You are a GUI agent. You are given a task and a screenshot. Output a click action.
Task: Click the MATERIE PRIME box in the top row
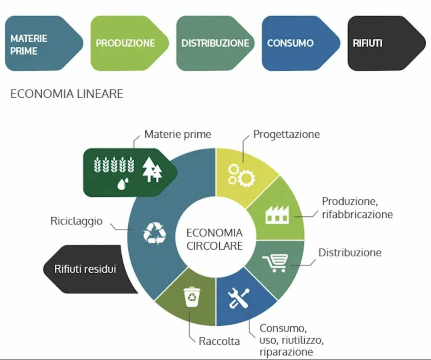click(x=42, y=43)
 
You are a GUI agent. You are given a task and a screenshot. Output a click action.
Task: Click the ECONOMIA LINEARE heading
click(x=67, y=93)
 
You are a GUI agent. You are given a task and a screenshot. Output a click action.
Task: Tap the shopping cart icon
click(x=276, y=263)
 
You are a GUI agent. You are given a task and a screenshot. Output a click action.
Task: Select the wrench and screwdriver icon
click(x=238, y=298)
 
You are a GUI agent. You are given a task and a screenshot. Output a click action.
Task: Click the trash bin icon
click(x=192, y=297)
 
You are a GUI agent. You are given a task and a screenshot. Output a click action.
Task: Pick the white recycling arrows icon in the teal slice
click(x=154, y=233)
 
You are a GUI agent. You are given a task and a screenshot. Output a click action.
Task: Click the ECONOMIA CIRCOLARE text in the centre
click(x=215, y=239)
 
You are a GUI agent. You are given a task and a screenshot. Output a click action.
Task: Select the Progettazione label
click(x=286, y=134)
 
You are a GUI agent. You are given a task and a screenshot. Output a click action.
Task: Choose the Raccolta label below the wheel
click(x=219, y=341)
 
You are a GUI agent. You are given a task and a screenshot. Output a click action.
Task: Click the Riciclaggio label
click(x=76, y=221)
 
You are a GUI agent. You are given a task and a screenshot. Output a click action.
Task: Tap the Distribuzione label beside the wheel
click(x=350, y=253)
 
